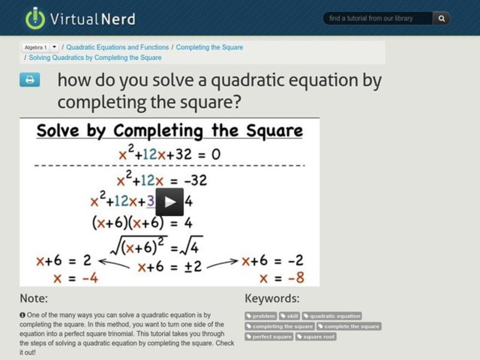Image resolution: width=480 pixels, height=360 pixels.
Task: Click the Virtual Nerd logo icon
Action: [35, 18]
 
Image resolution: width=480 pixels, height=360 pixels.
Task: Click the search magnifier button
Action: [442, 19]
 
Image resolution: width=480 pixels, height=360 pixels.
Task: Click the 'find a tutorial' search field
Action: [378, 19]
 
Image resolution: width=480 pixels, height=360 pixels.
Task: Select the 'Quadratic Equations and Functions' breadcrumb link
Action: [118, 47]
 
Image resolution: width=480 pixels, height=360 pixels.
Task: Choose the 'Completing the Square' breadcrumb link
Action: [209, 47]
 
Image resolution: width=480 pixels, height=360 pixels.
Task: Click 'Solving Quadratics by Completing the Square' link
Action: [95, 58]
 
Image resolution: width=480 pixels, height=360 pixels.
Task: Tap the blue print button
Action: [29, 80]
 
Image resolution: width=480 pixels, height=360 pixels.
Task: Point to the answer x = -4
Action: [75, 278]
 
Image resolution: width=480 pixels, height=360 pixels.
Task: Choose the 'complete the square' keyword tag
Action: [349, 326]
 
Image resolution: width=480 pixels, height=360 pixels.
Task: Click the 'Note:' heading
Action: [34, 298]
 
